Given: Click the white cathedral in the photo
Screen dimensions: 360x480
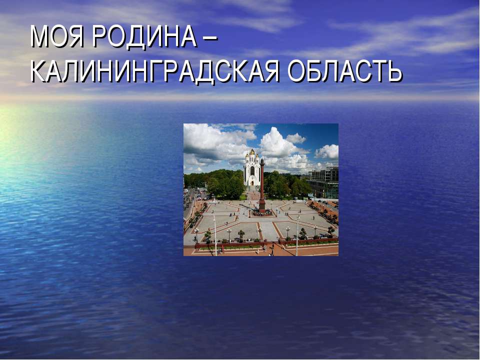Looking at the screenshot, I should click(x=251, y=170).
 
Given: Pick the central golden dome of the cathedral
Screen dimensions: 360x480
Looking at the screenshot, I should click(x=252, y=151).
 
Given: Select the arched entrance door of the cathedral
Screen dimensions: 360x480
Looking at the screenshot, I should click(x=252, y=182).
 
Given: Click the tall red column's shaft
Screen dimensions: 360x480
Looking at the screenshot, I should click(x=261, y=185).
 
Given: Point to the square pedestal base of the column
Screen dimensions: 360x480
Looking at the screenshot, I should click(x=261, y=208).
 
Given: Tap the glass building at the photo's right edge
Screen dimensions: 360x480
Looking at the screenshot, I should click(x=324, y=182).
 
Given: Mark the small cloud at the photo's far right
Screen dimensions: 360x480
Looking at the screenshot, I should click(x=327, y=151).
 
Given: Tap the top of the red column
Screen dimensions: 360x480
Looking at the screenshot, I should click(x=261, y=161).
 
